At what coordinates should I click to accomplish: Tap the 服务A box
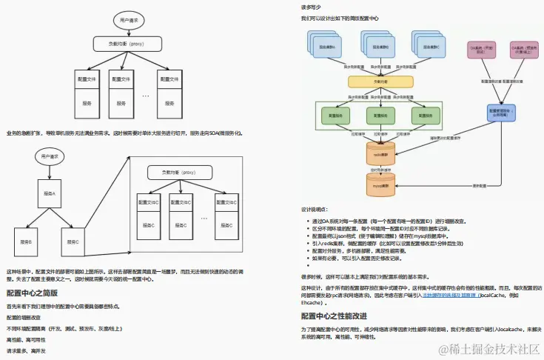[x=49, y=193]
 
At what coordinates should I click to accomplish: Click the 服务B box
[x=26, y=241]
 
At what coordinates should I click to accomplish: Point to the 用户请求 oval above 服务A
[x=49, y=156]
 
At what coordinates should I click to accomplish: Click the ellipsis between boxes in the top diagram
[x=145, y=96]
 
